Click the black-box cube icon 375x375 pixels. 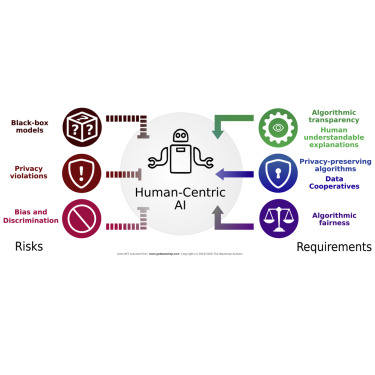coord(80,126)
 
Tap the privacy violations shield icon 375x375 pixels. coord(80,171)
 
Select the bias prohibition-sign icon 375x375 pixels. coord(80,216)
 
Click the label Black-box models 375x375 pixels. coord(31,128)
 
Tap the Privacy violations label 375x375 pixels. coord(31,173)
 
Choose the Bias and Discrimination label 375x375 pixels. coord(29,216)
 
